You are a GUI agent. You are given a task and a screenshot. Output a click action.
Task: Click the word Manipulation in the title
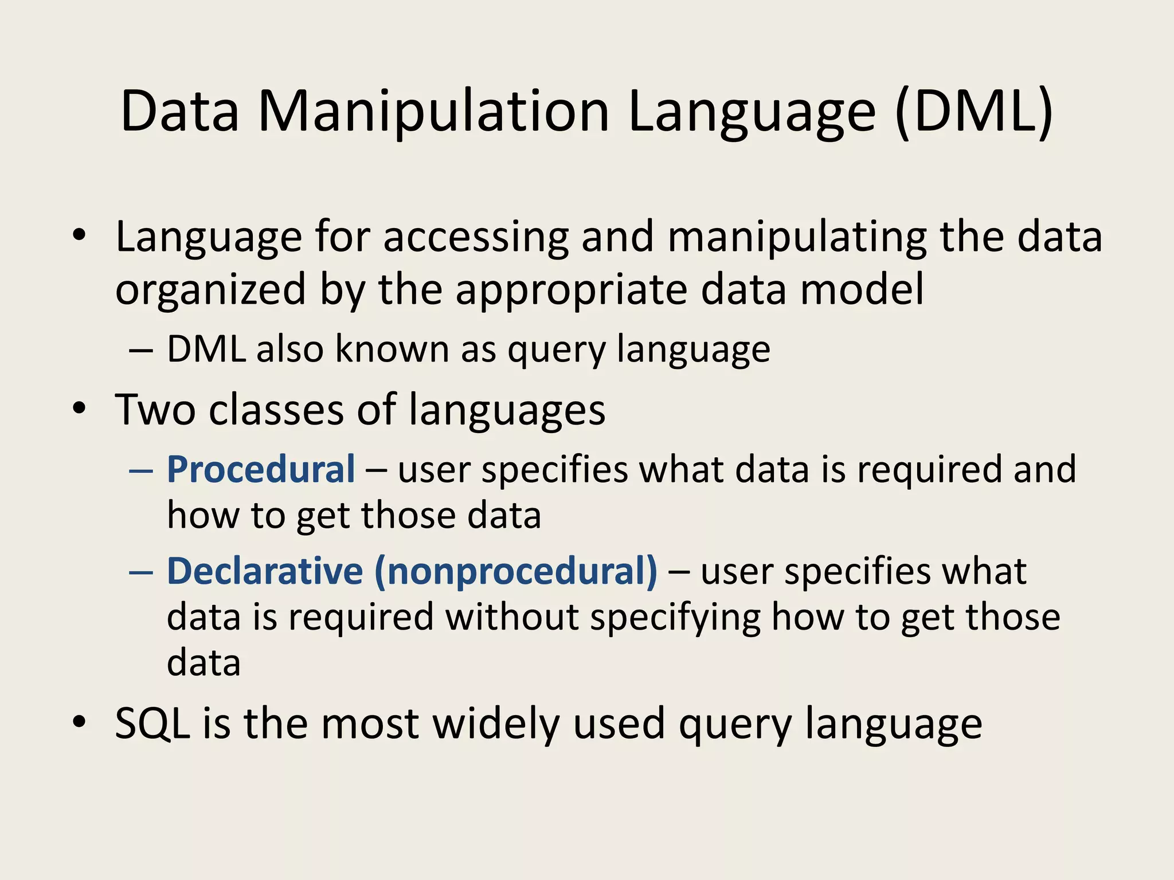coord(434,111)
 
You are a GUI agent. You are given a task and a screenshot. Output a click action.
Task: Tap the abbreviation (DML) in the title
coord(974,111)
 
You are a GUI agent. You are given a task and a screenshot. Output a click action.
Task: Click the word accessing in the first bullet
coord(476,237)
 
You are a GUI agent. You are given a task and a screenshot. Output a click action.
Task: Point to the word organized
coord(210,289)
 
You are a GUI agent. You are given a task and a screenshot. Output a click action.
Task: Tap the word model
coord(862,289)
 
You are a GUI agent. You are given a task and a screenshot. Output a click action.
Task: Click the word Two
coord(155,410)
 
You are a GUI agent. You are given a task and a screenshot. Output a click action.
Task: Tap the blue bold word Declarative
coord(265,571)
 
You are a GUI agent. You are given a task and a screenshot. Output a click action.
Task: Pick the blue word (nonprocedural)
coord(516,571)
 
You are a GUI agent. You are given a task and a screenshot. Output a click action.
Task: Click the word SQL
coord(152,724)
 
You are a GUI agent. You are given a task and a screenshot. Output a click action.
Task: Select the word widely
coord(496,724)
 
